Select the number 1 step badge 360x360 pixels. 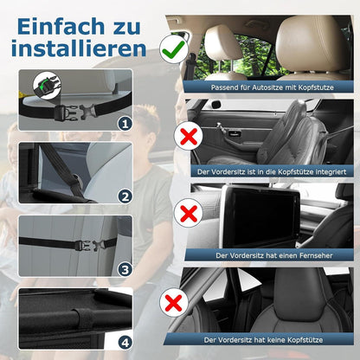pyautogui.click(x=125, y=124)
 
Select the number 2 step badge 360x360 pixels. pyautogui.click(x=125, y=196)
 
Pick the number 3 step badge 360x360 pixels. pyautogui.click(x=125, y=269)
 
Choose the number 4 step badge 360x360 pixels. pyautogui.click(x=125, y=341)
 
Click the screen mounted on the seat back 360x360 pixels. pyautogui.click(x=260, y=215)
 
